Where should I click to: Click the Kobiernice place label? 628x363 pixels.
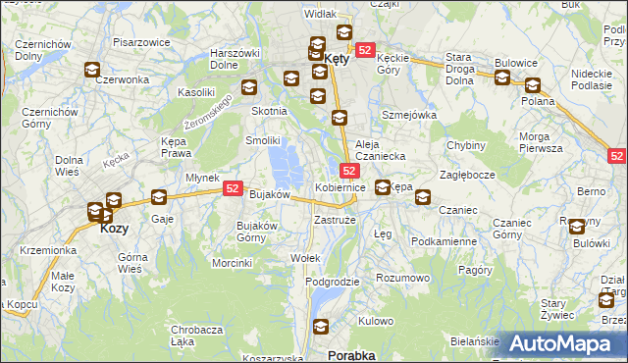click(340, 186)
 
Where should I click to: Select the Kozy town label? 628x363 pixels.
click(114, 228)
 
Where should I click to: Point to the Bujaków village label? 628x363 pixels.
click(269, 194)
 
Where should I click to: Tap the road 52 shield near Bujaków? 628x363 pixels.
click(233, 187)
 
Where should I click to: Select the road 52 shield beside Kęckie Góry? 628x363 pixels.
click(365, 50)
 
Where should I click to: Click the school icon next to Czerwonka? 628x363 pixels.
click(92, 70)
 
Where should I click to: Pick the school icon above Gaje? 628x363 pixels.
click(159, 196)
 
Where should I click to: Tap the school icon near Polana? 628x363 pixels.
click(532, 85)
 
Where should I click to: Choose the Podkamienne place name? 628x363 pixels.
click(444, 241)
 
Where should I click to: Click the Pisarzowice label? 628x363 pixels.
click(143, 42)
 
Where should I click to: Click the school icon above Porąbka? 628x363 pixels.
click(319, 327)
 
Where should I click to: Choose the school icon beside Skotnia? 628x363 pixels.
click(249, 86)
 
